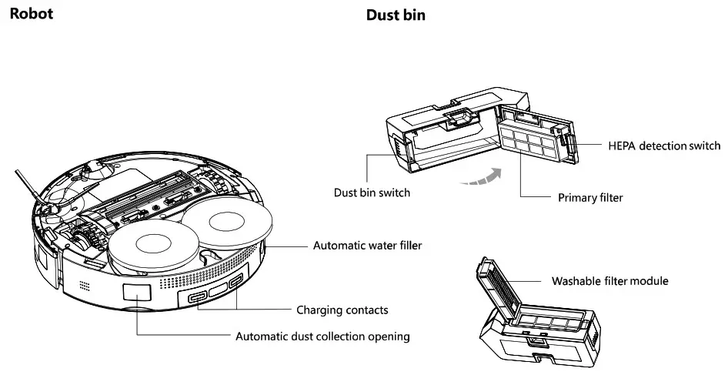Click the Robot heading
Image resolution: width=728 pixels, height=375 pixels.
coord(31,14)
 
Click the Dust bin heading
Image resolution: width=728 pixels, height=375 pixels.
coord(395,15)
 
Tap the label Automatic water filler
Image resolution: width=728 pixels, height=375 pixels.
coord(367,246)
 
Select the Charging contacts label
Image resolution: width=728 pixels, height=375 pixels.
coord(342,310)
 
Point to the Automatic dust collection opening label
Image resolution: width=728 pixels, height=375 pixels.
coord(322,336)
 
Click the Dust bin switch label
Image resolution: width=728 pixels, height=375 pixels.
coord(372,193)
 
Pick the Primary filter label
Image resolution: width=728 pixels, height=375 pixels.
coord(590,198)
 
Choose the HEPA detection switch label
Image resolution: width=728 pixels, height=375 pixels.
coord(664,146)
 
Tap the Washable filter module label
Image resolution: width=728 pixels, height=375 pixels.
coord(609,281)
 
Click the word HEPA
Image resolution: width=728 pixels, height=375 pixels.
coord(623,146)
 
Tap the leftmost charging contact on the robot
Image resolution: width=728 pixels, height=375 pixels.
coord(197,298)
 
